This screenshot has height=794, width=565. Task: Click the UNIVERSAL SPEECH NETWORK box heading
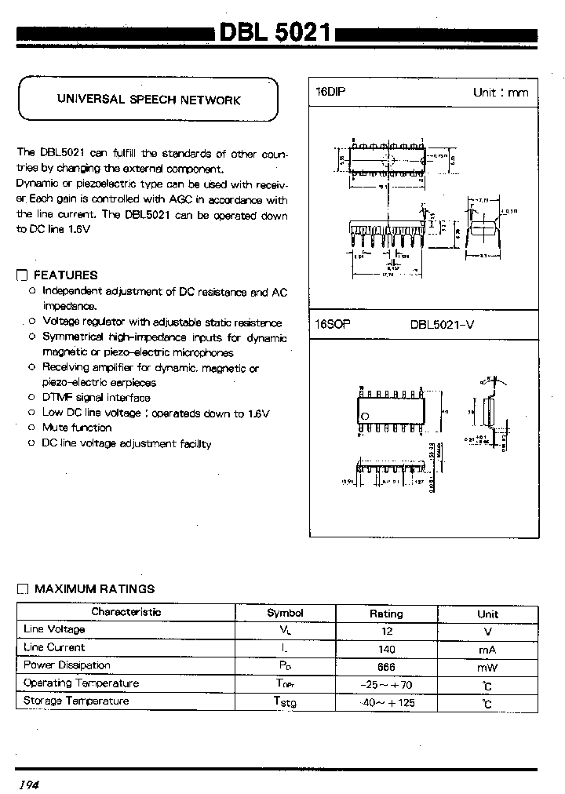pyautogui.click(x=148, y=100)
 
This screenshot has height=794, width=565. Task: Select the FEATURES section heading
pyautogui.click(x=66, y=275)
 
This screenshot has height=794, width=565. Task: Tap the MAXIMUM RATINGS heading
pyautogui.click(x=95, y=588)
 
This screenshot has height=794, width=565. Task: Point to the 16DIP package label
pyautogui.click(x=330, y=92)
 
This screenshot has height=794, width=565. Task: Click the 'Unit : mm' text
pyautogui.click(x=500, y=93)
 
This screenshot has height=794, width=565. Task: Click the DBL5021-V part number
pyautogui.click(x=443, y=324)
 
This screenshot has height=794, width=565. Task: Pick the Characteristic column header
pyautogui.click(x=126, y=612)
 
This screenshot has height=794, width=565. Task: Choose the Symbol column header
pyautogui.click(x=285, y=613)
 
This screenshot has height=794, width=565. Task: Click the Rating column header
pyautogui.click(x=386, y=614)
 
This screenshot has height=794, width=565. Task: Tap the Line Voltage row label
pyautogui.click(x=55, y=629)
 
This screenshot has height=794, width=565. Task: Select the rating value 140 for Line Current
pyautogui.click(x=386, y=650)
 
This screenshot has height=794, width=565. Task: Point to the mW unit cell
pyautogui.click(x=487, y=668)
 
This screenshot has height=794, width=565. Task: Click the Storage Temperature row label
pyautogui.click(x=76, y=701)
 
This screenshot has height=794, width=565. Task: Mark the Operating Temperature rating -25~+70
pyautogui.click(x=386, y=685)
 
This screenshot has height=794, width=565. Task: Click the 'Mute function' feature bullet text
pyautogui.click(x=77, y=428)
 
